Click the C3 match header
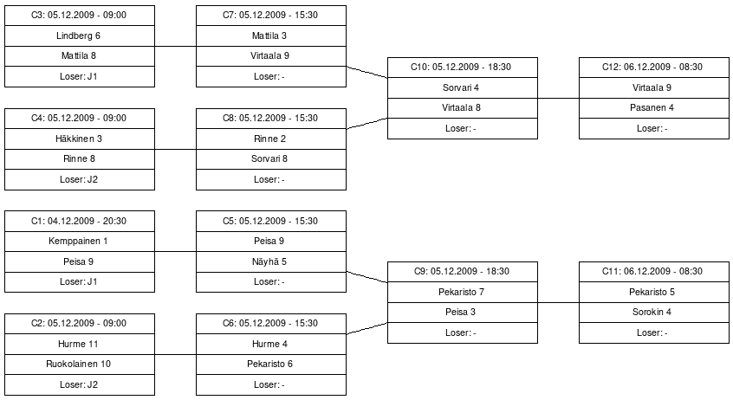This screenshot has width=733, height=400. coord(80,16)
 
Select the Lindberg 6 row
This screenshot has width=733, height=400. coord(80,36)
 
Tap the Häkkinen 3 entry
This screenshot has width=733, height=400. coord(80,139)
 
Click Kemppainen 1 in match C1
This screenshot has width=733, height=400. coord(80,241)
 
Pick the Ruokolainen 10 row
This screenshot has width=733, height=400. coord(80,364)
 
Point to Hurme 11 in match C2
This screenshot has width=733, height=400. coord(80,344)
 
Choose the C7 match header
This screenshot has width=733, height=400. coord(271,16)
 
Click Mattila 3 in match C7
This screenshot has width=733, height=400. coord(271,36)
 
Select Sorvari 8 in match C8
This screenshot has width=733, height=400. coord(271,159)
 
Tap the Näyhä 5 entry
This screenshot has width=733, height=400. coord(271,261)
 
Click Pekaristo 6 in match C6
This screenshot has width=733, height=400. coord(271,364)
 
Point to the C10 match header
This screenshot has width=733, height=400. coord(463,68)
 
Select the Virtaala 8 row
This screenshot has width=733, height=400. coord(463,108)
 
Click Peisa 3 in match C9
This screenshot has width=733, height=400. coord(463,313)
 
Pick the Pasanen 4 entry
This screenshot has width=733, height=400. coord(654,108)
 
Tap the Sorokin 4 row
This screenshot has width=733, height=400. coord(654,313)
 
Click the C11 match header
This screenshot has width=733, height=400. coord(654,272)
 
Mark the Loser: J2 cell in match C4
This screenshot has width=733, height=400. coord(80,179)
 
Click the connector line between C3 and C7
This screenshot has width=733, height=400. coord(175,46)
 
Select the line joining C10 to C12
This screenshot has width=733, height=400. coord(558,98)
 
